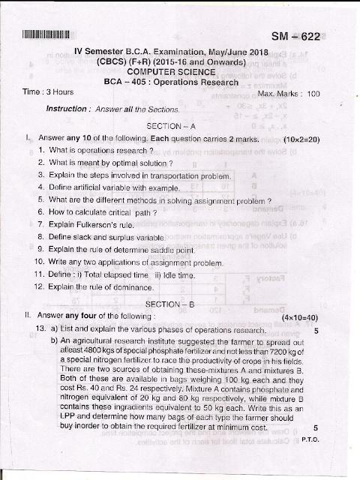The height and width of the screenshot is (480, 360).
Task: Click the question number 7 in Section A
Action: tap(40, 224)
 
